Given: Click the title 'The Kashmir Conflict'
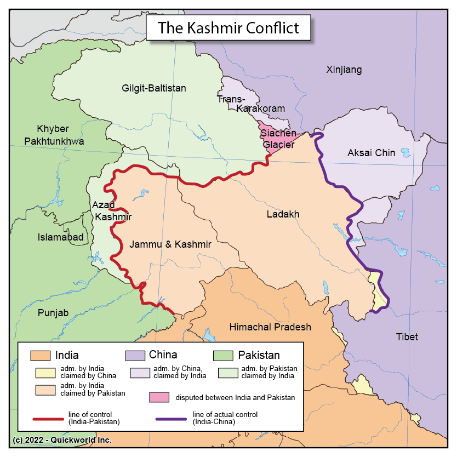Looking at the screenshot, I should (x=229, y=27).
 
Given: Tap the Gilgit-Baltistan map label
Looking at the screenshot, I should (x=153, y=88).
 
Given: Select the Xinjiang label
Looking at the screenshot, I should (x=344, y=70).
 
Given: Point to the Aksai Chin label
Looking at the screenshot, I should (x=371, y=153).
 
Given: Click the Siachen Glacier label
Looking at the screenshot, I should (x=278, y=139).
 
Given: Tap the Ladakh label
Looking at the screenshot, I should (x=283, y=214).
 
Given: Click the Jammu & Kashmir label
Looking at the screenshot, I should (x=170, y=244).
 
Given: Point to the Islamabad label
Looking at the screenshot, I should (x=60, y=237).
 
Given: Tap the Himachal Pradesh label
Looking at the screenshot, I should (x=270, y=327).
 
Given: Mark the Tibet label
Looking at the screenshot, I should (x=407, y=336).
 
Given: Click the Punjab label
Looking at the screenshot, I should (x=53, y=313).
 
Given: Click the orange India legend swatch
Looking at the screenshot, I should (x=41, y=355).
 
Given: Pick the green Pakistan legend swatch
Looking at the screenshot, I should (x=224, y=355).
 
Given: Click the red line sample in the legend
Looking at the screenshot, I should (x=49, y=419).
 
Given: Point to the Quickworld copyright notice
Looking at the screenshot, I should (x=62, y=440).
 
